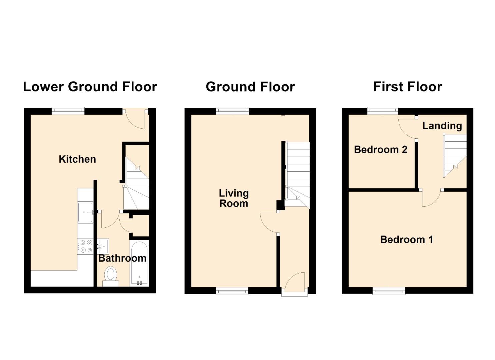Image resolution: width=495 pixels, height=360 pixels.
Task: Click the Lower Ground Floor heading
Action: (x=90, y=87)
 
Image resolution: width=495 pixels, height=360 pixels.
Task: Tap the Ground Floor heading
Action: (x=250, y=87)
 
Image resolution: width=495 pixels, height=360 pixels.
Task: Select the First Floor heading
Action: (x=408, y=87)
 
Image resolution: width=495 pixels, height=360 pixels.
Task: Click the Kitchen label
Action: (x=77, y=159)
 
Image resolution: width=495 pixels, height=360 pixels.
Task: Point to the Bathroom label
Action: (x=122, y=258)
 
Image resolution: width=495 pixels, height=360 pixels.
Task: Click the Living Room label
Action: (x=234, y=198)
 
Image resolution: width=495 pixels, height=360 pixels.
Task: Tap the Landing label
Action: (x=442, y=126)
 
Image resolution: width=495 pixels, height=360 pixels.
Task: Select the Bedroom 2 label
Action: (x=381, y=150)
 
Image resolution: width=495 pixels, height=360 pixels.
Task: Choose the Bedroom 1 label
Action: (x=407, y=240)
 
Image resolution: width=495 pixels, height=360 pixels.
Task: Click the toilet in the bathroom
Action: (x=111, y=276)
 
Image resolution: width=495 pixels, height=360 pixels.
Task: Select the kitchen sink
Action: (x=86, y=212)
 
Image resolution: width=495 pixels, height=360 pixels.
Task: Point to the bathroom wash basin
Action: (x=103, y=246)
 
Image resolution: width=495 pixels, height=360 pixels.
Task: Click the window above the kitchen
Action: (x=68, y=111)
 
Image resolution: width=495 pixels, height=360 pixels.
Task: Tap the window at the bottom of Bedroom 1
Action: (x=389, y=291)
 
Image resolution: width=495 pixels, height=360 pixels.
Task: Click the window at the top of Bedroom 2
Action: (x=383, y=111)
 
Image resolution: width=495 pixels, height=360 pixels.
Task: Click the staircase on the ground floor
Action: (x=297, y=175)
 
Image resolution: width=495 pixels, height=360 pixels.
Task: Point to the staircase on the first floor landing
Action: (x=455, y=156)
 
